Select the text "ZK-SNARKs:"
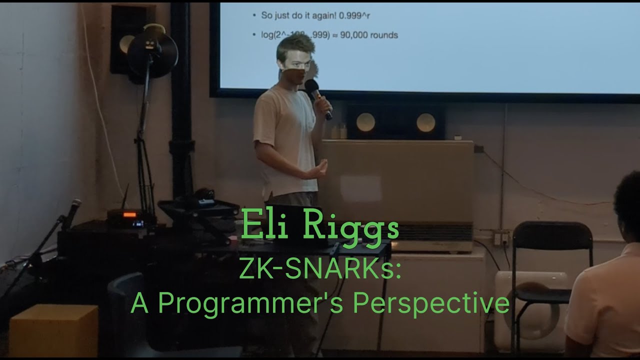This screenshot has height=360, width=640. click(320, 272)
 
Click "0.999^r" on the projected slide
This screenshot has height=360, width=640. click(354, 15)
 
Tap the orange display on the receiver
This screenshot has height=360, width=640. click(129, 214)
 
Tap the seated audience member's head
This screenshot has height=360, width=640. click(628, 205)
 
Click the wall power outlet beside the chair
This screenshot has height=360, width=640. click(500, 238)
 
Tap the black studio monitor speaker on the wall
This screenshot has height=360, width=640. click(124, 37)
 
